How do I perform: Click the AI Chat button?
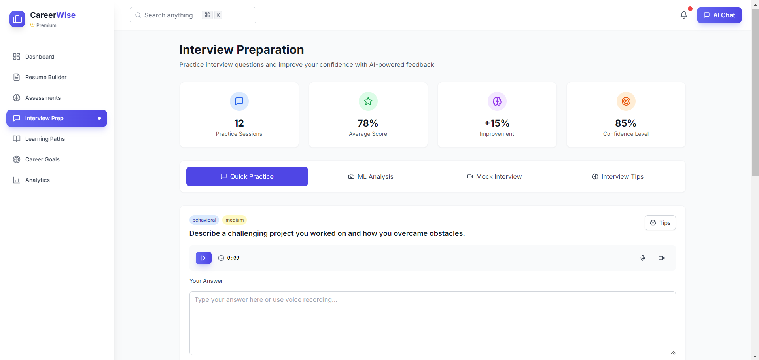[719, 15]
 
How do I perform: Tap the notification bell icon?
[683, 15]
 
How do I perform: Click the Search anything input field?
[193, 15]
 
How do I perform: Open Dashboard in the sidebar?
[40, 57]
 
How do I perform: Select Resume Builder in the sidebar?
[45, 77]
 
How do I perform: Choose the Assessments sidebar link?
[43, 98]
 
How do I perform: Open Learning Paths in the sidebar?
[45, 139]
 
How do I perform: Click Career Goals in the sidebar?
[42, 159]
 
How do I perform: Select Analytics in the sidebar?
[37, 180]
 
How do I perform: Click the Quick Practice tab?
[247, 176]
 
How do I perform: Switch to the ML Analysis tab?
[371, 176]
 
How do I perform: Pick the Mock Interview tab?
[494, 176]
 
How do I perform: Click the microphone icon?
[643, 258]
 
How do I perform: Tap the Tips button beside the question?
[660, 223]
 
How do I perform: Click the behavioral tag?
[204, 220]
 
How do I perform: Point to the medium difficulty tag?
[235, 220]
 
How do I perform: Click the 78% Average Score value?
[368, 123]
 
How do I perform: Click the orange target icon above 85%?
[626, 101]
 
